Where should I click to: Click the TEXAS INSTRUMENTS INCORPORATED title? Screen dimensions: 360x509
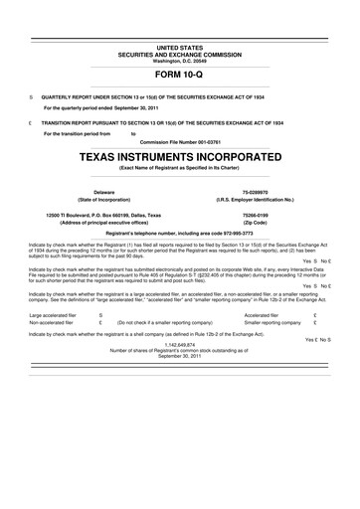[179, 157]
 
